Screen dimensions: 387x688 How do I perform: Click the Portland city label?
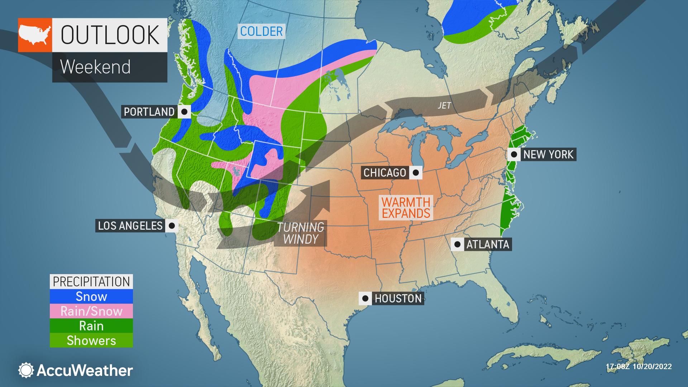pyautogui.click(x=149, y=112)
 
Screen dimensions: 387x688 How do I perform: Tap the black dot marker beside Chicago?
pyautogui.click(x=416, y=173)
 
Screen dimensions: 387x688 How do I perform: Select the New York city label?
pyautogui.click(x=548, y=154)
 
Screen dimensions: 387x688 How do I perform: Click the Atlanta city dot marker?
pyautogui.click(x=458, y=244)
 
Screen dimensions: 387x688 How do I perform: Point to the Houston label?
pyautogui.click(x=398, y=298)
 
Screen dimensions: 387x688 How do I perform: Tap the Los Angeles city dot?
pyautogui.click(x=172, y=226)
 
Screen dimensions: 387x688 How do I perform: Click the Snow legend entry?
pyautogui.click(x=91, y=296)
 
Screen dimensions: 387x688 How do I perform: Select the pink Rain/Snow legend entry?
pyautogui.click(x=91, y=311)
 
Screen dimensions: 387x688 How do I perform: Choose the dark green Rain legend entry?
pyautogui.click(x=91, y=326)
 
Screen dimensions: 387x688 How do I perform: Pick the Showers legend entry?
pyautogui.click(x=91, y=340)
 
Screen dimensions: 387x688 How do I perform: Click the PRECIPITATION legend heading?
pyautogui.click(x=91, y=282)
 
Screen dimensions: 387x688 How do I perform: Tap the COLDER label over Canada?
pyautogui.click(x=262, y=32)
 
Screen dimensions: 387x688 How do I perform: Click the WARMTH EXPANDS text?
pyautogui.click(x=406, y=208)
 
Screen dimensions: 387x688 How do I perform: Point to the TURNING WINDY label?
pyautogui.click(x=300, y=233)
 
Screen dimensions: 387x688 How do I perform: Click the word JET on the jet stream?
pyautogui.click(x=444, y=106)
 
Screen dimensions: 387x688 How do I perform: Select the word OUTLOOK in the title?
pyautogui.click(x=110, y=35)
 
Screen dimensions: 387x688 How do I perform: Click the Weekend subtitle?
pyautogui.click(x=95, y=67)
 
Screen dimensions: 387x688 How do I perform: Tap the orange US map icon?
pyautogui.click(x=35, y=35)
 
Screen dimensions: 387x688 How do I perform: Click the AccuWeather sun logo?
pyautogui.click(x=26, y=370)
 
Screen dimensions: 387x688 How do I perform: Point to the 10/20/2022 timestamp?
pyautogui.click(x=639, y=367)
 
